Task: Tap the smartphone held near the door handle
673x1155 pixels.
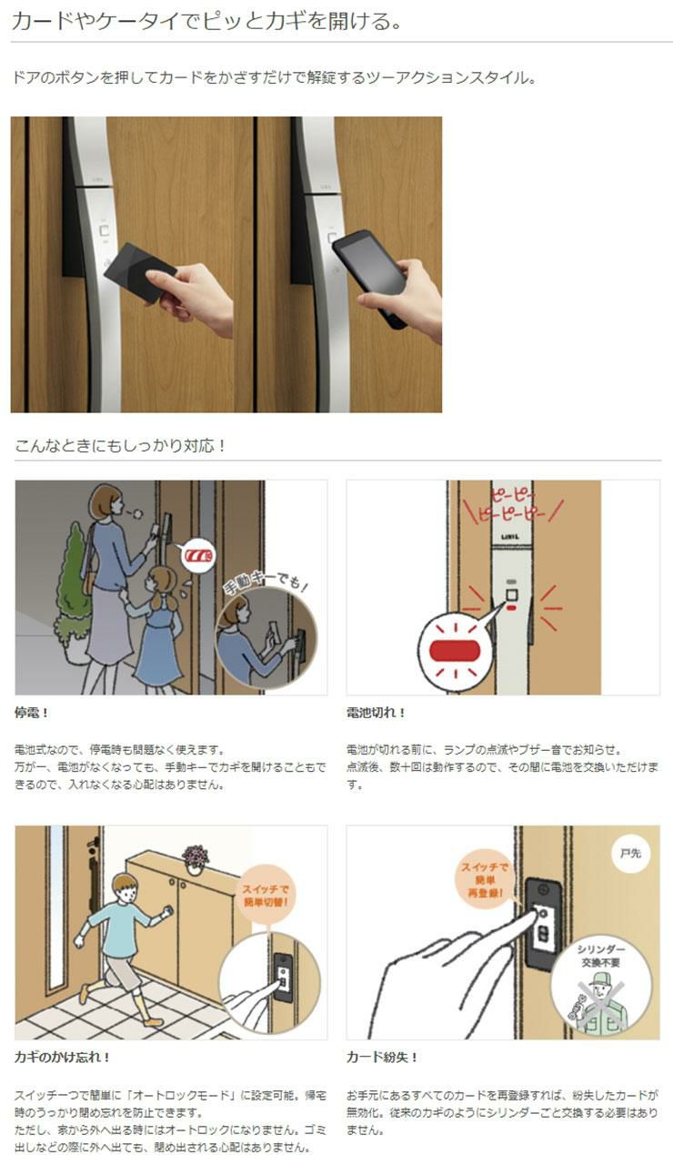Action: coord(370,277)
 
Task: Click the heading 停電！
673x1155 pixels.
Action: coord(32,713)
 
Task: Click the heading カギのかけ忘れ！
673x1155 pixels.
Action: coord(63,1058)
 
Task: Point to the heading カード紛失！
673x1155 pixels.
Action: coord(382,1058)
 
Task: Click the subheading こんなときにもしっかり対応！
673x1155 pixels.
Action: coord(120,445)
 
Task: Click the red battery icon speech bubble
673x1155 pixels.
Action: coord(198,556)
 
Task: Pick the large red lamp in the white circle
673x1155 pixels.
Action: coord(455,651)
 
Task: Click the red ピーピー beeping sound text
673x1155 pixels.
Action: coord(510,506)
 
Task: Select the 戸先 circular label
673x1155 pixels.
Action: coord(630,854)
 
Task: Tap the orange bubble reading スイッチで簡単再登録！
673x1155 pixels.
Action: coord(485,880)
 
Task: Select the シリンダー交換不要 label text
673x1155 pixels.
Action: coord(600,956)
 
